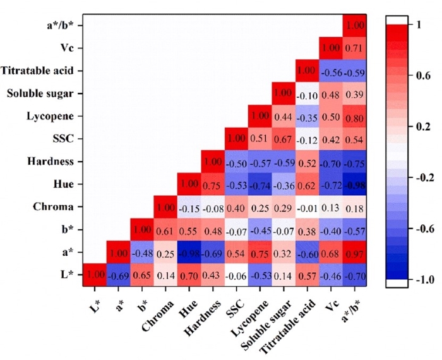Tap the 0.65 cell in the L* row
click(142, 275)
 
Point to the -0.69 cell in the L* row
click(119, 275)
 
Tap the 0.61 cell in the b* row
click(165, 229)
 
